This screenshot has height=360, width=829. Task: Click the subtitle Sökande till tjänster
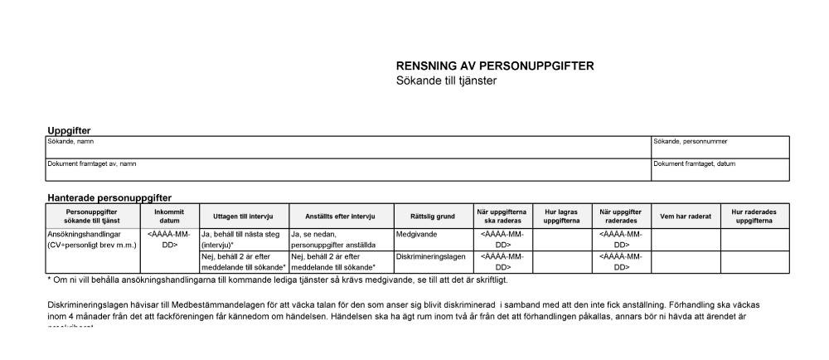click(x=446, y=80)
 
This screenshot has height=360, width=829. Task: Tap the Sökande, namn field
click(x=348, y=147)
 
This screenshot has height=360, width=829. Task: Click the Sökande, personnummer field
click(x=720, y=147)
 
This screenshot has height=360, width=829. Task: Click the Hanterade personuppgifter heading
click(x=109, y=198)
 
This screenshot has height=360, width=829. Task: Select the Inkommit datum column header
click(x=170, y=216)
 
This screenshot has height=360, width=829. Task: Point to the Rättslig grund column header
click(x=432, y=216)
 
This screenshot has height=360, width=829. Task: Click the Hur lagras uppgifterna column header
click(x=561, y=216)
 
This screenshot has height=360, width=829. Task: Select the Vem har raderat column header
click(x=685, y=216)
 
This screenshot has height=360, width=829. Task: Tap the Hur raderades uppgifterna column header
click(x=754, y=216)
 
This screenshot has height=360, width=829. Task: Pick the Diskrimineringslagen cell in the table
click(x=432, y=257)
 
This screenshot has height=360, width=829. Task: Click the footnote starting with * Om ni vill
click(x=265, y=279)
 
